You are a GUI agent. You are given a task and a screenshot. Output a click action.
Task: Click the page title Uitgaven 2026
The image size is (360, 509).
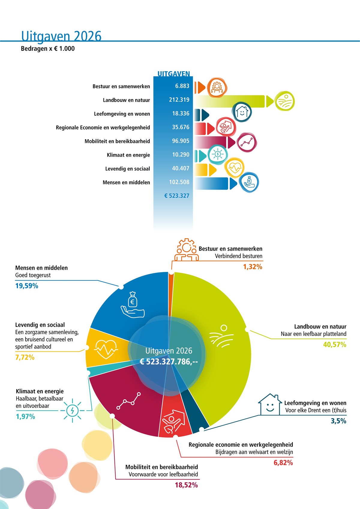[x=61, y=36]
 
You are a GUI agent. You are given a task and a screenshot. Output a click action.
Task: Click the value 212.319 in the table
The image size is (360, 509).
[x=179, y=100]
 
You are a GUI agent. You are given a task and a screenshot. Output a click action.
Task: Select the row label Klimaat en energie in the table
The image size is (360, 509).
[x=128, y=155]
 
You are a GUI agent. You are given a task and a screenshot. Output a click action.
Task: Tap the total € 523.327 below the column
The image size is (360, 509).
[x=177, y=196]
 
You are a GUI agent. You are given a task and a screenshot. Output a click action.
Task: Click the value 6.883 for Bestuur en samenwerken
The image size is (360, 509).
[x=182, y=86]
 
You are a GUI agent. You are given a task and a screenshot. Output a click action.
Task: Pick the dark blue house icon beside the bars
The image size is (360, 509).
[x=242, y=112]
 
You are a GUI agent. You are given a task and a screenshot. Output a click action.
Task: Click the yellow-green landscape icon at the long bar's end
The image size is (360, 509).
[x=285, y=101]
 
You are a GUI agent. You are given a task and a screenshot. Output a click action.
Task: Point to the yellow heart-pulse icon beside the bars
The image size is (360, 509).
[x=234, y=167]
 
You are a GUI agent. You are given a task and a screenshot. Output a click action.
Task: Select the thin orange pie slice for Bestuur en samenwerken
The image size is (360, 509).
[x=171, y=288]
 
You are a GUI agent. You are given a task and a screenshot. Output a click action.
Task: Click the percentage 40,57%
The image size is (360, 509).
[x=334, y=345]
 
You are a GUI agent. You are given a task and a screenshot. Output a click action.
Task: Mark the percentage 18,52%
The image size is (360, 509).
[x=186, y=485]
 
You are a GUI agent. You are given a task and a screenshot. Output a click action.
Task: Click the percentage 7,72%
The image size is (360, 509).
[x=25, y=357]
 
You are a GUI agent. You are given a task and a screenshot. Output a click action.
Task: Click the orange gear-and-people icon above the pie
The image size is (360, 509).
[x=186, y=250]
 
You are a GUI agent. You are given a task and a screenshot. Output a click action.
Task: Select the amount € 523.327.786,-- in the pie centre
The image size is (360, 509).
[x=169, y=362]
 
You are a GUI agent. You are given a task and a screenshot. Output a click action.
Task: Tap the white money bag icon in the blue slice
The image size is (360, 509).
[x=133, y=305]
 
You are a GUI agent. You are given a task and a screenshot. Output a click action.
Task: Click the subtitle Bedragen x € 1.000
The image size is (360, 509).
[x=48, y=49]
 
